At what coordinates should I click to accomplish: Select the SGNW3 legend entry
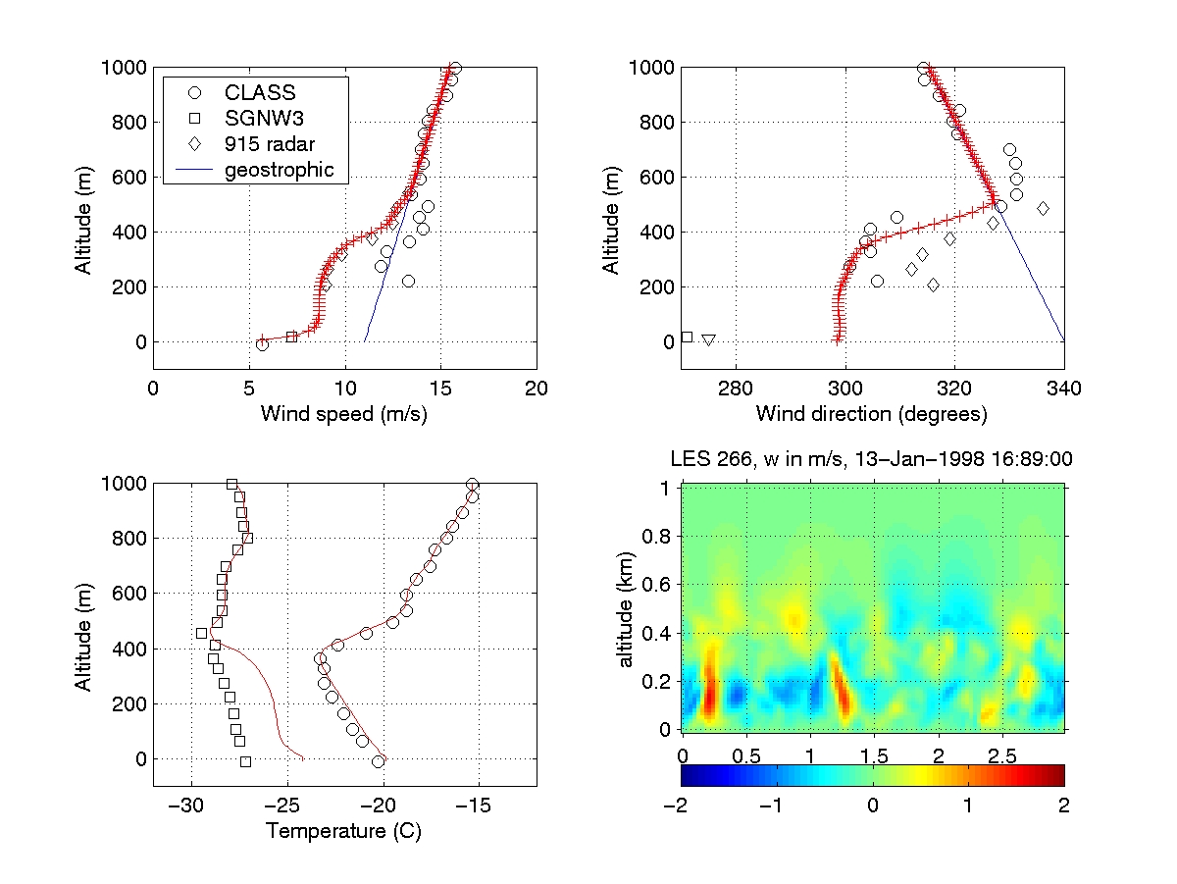260,118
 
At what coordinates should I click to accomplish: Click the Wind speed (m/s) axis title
343,414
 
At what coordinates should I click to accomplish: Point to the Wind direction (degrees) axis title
871,414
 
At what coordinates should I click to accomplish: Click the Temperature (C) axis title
343,832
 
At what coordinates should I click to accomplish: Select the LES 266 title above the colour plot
871,458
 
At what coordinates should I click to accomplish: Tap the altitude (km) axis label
627,606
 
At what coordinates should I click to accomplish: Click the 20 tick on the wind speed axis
536,389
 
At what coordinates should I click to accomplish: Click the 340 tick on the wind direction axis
1063,389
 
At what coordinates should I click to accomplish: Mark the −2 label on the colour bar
680,806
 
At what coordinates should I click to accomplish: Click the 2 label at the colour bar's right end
1064,806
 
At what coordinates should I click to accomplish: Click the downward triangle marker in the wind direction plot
708,340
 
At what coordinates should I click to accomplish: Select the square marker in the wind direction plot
687,337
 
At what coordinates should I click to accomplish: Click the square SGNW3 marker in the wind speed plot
291,337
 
